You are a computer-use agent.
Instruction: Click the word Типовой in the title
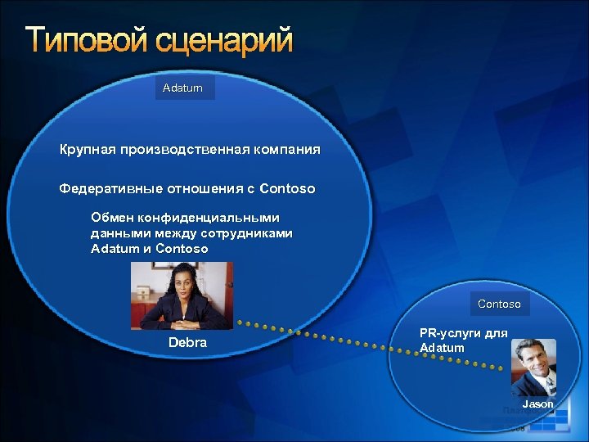click(x=86, y=39)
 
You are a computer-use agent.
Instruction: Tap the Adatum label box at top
click(x=183, y=88)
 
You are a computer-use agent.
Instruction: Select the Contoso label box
click(x=499, y=304)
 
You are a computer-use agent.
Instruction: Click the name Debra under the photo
click(x=187, y=342)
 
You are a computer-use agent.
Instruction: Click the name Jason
click(x=537, y=404)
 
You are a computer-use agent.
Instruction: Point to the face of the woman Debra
click(x=181, y=283)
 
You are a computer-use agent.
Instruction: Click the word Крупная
click(x=87, y=151)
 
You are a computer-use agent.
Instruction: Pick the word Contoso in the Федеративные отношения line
click(x=287, y=189)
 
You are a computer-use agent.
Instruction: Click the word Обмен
click(x=110, y=218)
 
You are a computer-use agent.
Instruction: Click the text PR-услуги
click(x=447, y=333)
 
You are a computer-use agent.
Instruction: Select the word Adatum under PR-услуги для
click(x=442, y=348)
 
